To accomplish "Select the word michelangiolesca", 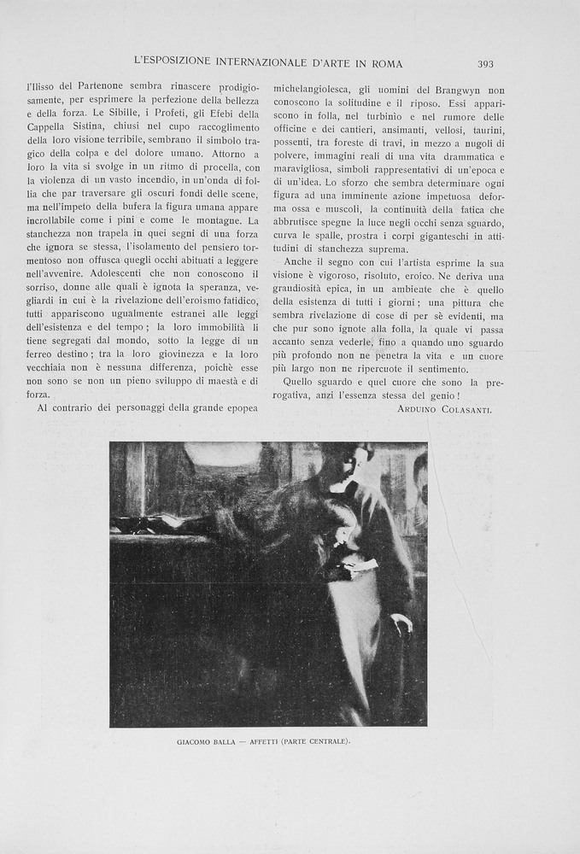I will (311, 89).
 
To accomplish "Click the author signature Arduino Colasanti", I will (444, 410).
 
